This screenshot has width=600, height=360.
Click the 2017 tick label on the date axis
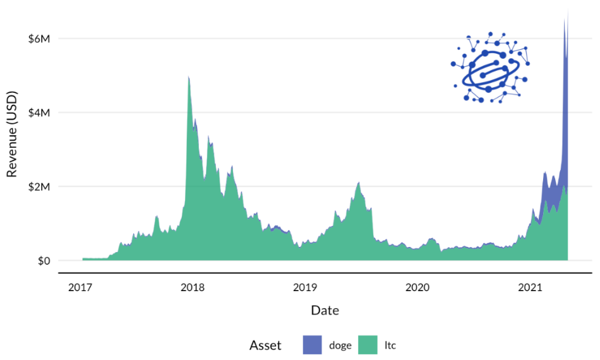pos(80,288)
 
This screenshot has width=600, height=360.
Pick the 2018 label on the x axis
pos(193,288)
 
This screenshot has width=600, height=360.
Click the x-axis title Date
pos(325,311)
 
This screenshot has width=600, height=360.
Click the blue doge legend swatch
pos(311,345)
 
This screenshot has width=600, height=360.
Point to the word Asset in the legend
pos(266,345)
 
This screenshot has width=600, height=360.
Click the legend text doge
pos(340,345)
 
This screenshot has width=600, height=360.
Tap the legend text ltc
pos(390,345)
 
